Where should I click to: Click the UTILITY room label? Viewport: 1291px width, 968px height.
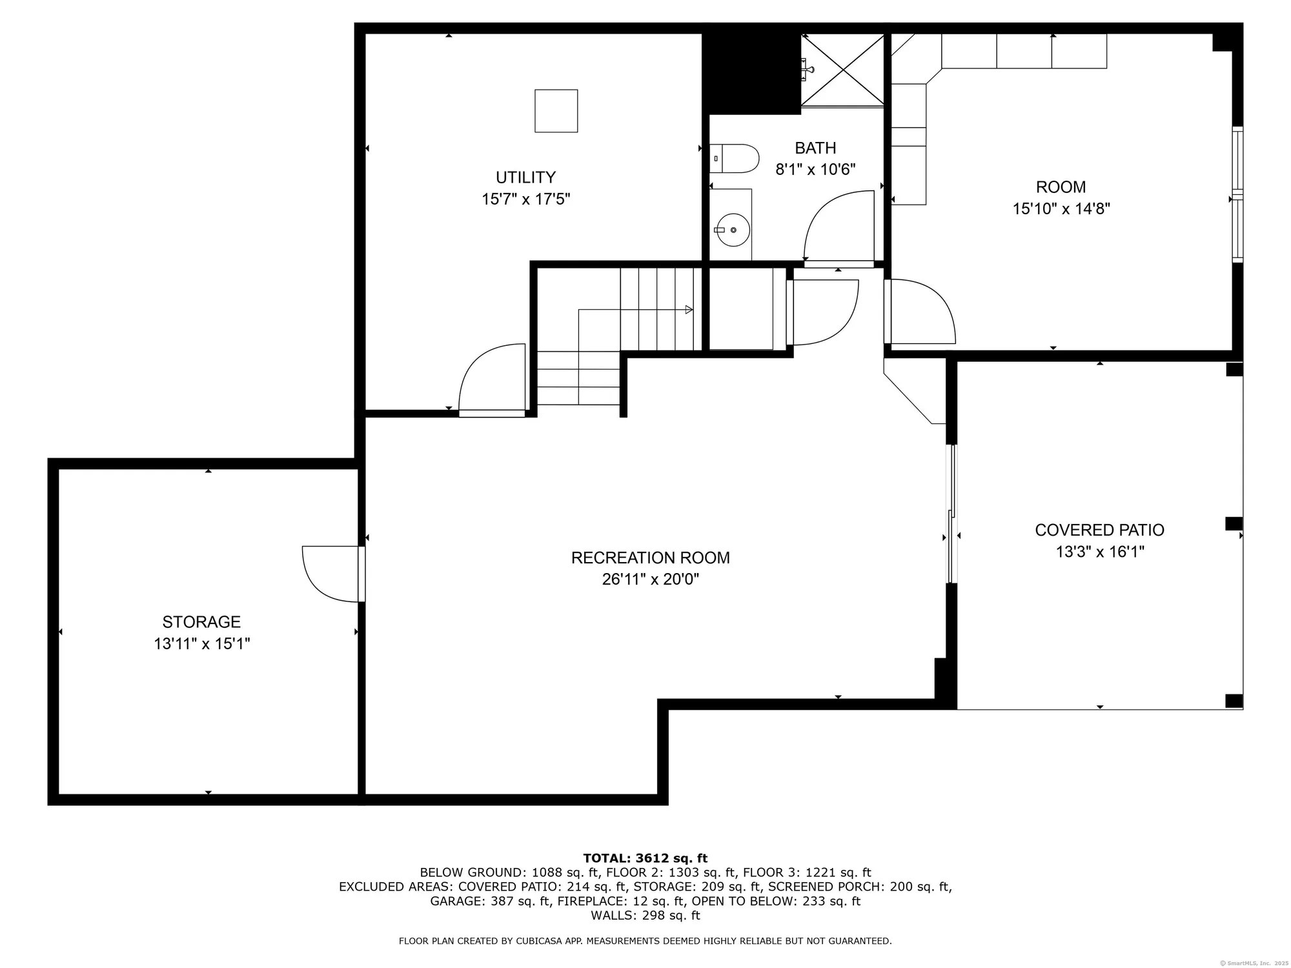525,177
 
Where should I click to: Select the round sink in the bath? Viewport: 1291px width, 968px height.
733,229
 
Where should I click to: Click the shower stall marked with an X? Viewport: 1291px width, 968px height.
842,70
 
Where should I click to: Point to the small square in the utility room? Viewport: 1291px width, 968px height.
556,111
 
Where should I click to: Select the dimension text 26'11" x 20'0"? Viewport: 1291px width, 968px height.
650,580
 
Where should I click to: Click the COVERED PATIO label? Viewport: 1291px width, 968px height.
1099,530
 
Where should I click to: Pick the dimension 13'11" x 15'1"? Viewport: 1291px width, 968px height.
201,644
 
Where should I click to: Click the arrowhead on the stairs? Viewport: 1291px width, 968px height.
689,310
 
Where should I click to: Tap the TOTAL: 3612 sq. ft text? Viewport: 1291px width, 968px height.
645,858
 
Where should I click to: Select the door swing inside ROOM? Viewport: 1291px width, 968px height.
920,312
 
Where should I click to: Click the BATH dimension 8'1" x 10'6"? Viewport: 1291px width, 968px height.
815,170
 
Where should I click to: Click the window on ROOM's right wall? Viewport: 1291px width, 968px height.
1237,194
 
